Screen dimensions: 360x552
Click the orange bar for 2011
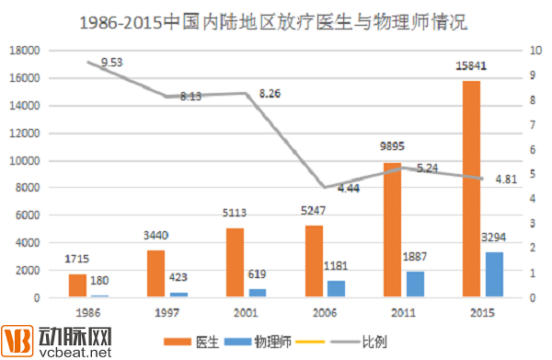tap(391, 230)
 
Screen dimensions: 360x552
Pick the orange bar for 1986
tap(77, 285)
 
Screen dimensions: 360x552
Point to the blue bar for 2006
tap(337, 289)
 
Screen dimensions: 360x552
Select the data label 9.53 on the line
tap(112, 62)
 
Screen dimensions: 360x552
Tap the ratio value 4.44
tap(349, 188)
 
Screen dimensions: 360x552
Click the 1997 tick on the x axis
tap(167, 313)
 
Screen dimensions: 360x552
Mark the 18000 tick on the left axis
tap(25, 51)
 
